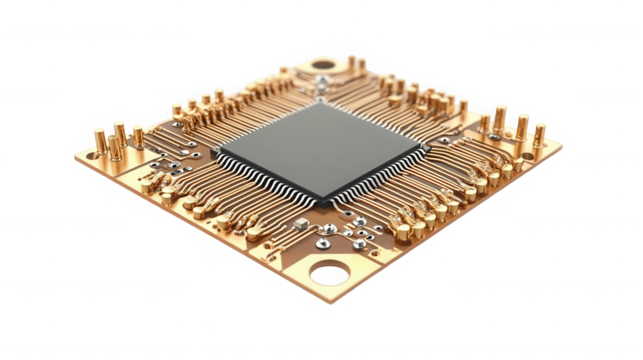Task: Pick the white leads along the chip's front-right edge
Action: pos(385,177)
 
